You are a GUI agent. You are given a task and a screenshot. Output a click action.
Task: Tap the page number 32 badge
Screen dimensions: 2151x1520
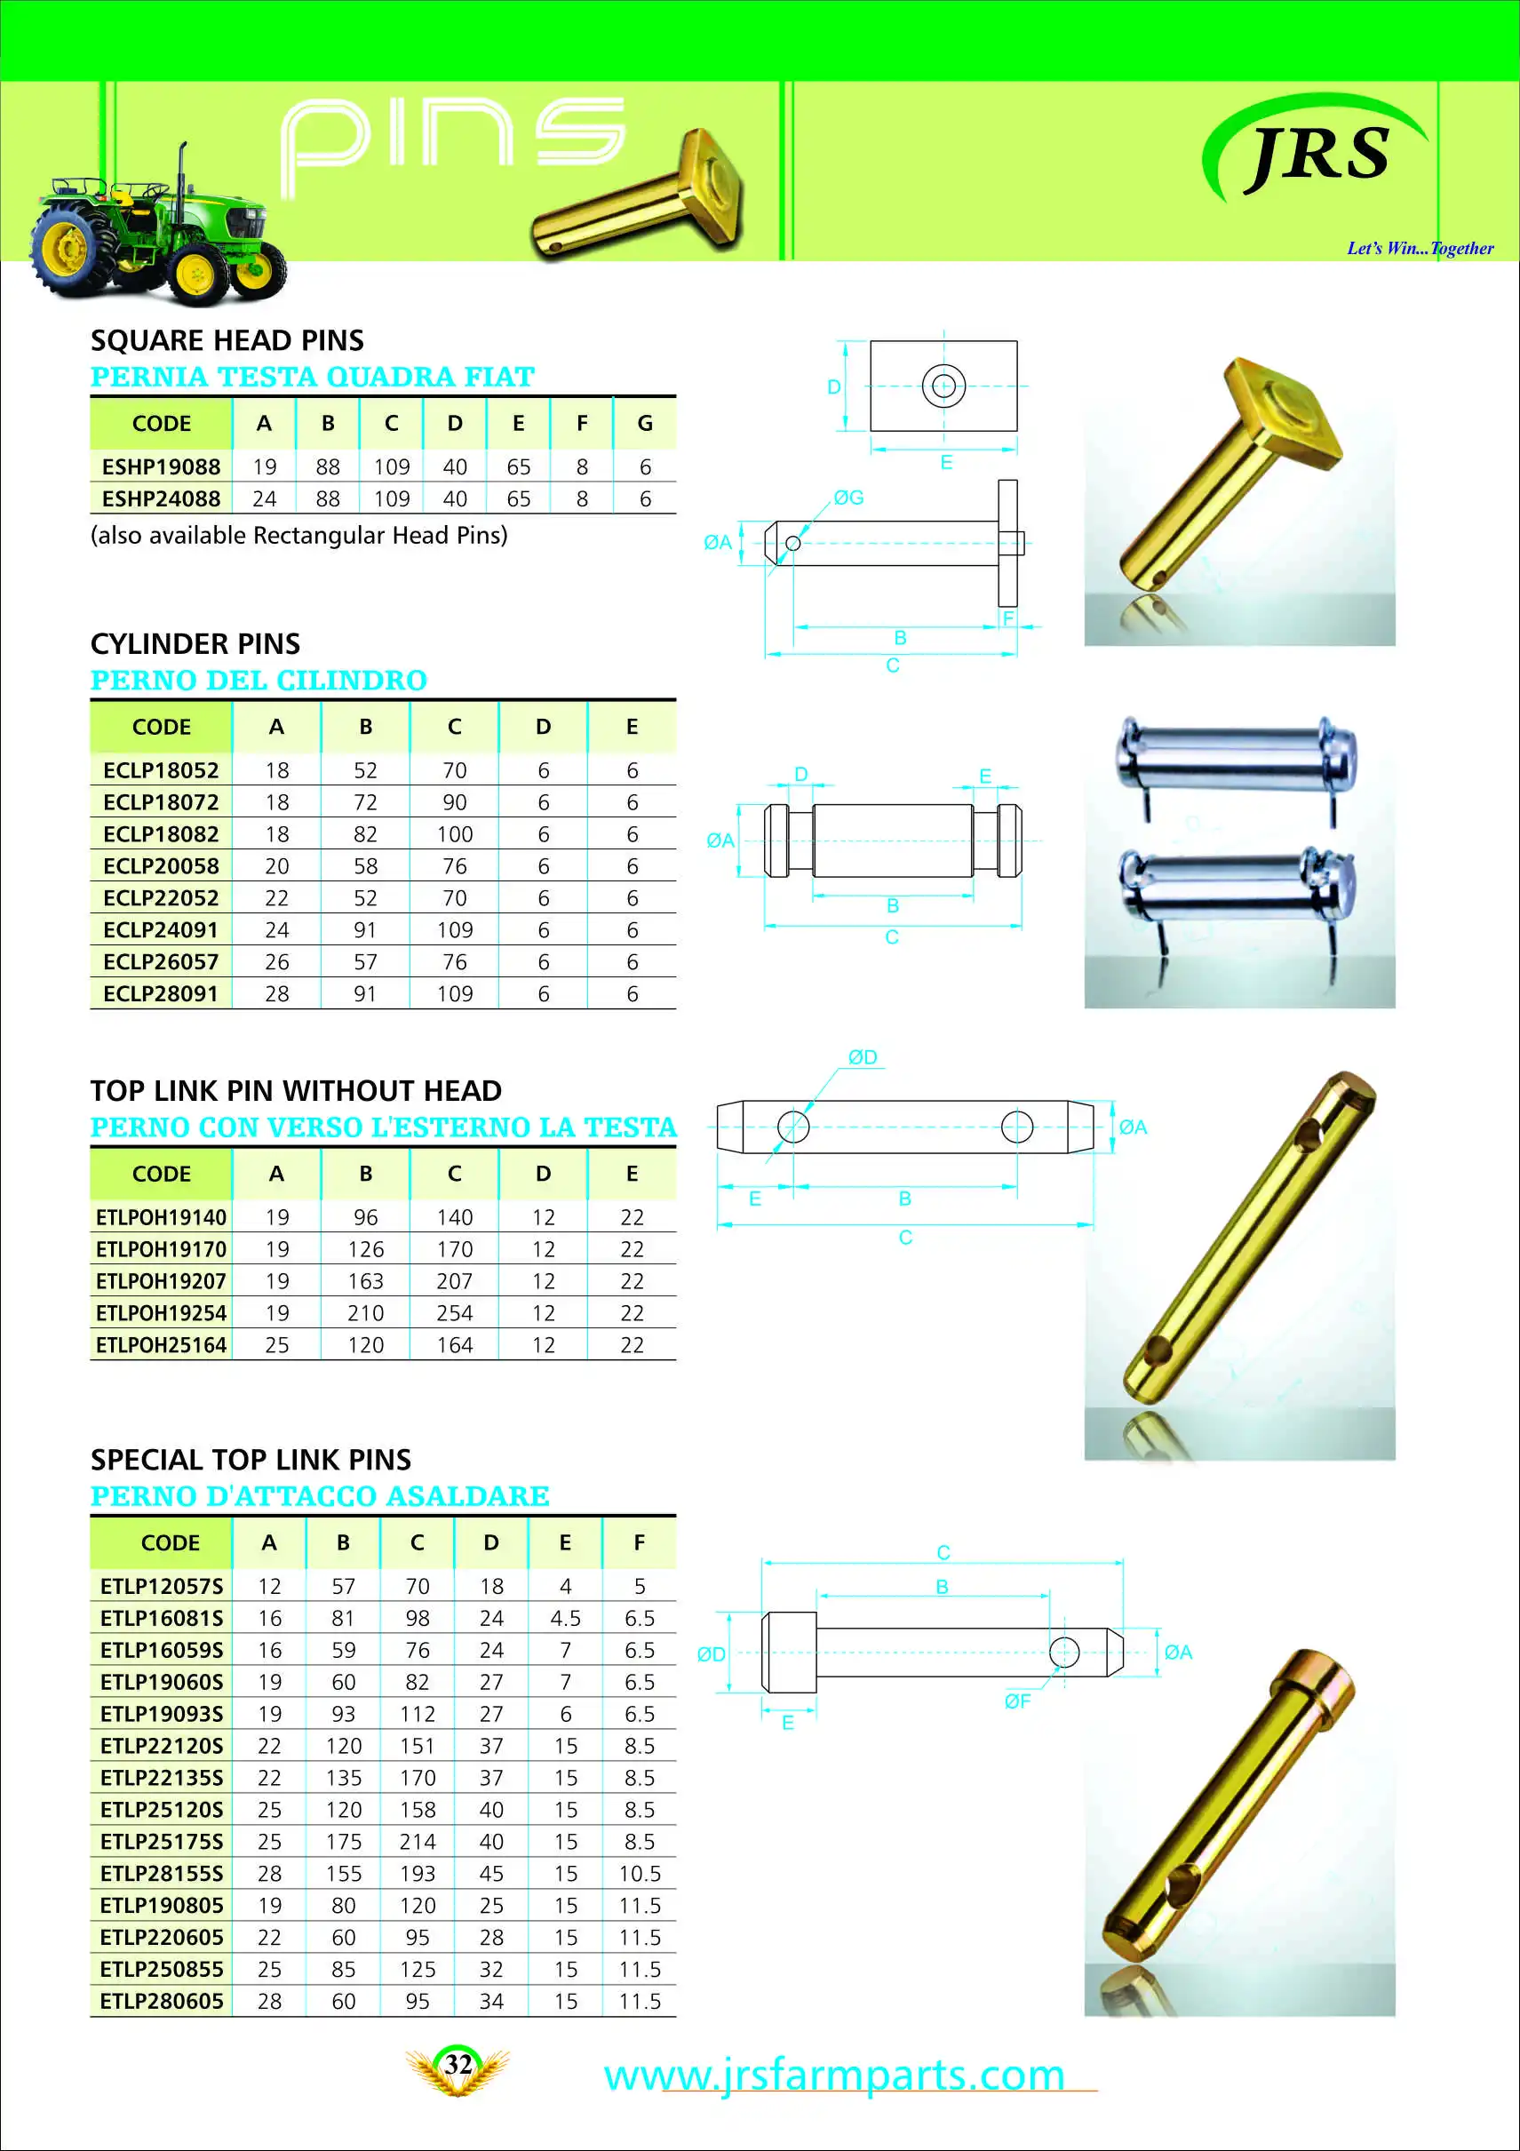(x=458, y=2065)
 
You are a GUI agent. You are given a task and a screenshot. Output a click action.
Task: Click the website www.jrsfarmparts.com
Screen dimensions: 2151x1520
(x=833, y=2075)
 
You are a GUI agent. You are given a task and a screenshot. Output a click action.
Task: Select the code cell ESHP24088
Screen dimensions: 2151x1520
(x=161, y=498)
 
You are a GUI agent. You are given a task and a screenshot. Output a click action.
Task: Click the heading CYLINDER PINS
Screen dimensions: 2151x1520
(x=195, y=643)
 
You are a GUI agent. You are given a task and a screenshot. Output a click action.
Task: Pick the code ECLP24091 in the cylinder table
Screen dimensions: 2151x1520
(x=161, y=929)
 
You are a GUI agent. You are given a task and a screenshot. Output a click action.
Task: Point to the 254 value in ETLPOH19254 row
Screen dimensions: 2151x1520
(x=454, y=1312)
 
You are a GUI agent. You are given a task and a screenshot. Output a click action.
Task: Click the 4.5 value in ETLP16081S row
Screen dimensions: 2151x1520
(x=565, y=1618)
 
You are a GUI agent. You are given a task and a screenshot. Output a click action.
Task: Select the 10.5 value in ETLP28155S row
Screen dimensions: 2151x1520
(x=640, y=1873)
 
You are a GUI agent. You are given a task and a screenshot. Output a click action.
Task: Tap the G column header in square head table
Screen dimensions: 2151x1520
(x=644, y=424)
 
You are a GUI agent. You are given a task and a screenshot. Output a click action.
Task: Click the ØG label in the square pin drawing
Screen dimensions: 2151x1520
(x=848, y=498)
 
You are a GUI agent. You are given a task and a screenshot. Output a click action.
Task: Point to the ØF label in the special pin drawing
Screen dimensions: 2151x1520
(x=1017, y=1701)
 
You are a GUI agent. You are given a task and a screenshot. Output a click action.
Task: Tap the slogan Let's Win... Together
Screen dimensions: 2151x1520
(x=1420, y=248)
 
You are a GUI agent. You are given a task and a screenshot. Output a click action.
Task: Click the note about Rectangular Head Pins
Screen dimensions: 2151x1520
(x=298, y=535)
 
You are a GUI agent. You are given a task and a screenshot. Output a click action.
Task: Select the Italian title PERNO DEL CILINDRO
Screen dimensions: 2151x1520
(x=259, y=681)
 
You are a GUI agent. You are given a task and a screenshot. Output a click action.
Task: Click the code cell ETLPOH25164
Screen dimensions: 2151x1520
(x=161, y=1344)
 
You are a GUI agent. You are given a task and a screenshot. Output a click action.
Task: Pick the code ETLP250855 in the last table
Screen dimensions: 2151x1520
(x=161, y=1968)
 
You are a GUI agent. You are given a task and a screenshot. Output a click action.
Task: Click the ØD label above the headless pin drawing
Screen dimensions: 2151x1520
(x=863, y=1056)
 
